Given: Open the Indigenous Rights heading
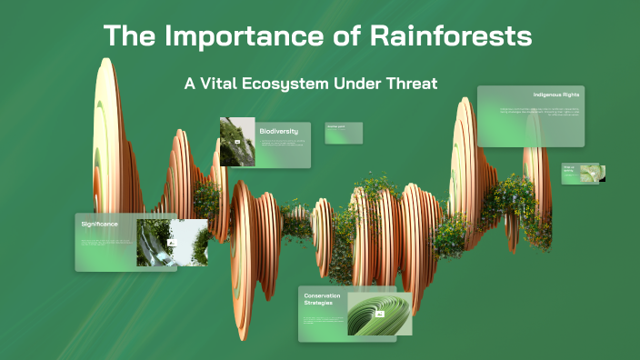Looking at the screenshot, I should pyautogui.click(x=556, y=95).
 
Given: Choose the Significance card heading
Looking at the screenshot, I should pyautogui.click(x=99, y=224).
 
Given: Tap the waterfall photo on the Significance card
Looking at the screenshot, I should pyautogui.click(x=171, y=243).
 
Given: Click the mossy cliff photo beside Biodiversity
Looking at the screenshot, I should pyautogui.click(x=237, y=142).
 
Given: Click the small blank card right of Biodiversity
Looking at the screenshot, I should pyautogui.click(x=344, y=133).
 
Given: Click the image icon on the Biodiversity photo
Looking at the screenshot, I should pyautogui.click(x=238, y=144).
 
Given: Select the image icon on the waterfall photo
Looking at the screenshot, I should pyautogui.click(x=170, y=244).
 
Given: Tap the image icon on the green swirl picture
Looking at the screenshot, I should pyautogui.click(x=380, y=314).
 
